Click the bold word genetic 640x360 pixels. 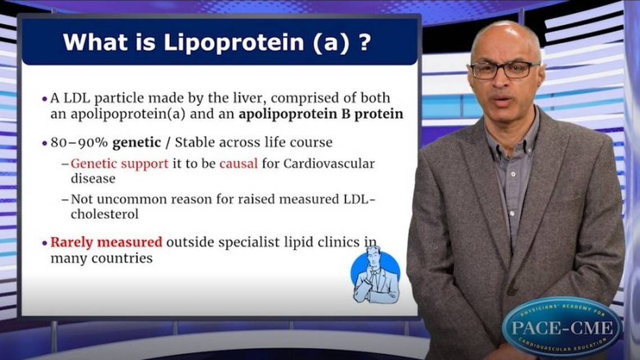[136, 143]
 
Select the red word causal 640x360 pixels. [238, 164]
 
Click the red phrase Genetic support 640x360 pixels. [119, 164]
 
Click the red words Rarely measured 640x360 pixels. [106, 242]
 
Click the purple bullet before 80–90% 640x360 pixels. [45, 143]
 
